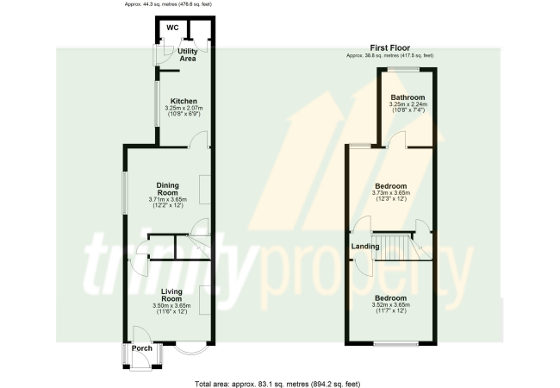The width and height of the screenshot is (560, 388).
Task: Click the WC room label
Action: (x=172, y=28)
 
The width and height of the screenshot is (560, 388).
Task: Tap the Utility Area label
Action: (x=188, y=54)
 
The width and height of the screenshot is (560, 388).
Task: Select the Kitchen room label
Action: (x=184, y=101)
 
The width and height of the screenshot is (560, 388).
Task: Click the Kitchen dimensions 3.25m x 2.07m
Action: (x=184, y=108)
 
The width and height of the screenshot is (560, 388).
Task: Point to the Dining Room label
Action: (x=167, y=189)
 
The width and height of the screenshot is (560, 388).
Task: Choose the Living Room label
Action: (x=171, y=295)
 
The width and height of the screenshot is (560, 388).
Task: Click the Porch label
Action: (x=142, y=348)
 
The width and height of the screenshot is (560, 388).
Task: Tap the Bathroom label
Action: (x=408, y=97)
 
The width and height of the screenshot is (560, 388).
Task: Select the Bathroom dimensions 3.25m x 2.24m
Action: (x=408, y=104)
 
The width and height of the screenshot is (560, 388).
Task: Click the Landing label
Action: (x=365, y=246)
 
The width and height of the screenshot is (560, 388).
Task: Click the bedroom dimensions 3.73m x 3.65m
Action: (x=391, y=193)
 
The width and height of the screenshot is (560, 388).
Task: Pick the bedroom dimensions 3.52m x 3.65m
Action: (x=391, y=305)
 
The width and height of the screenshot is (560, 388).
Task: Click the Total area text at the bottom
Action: (x=277, y=384)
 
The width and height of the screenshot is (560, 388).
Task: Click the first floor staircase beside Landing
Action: (x=401, y=247)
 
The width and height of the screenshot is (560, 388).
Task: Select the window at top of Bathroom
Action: (x=404, y=70)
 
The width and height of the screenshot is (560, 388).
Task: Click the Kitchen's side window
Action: (x=157, y=104)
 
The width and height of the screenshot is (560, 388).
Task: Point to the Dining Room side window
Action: (x=125, y=193)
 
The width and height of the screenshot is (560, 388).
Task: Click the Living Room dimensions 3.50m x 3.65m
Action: (x=171, y=306)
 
